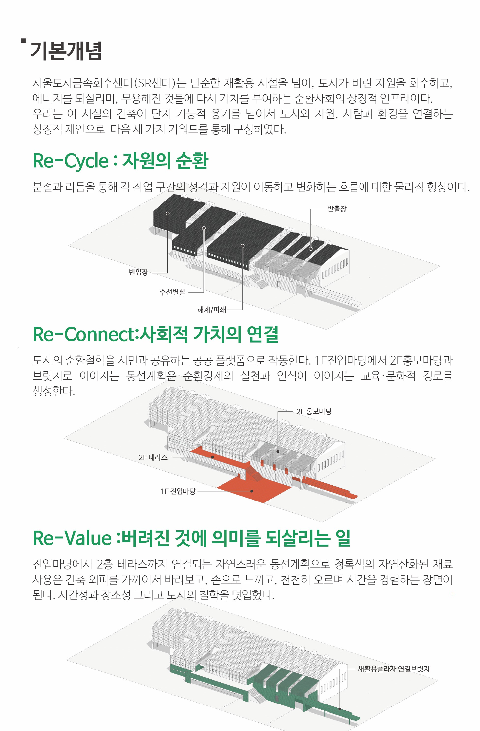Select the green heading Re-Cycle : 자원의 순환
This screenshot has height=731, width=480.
click(x=120, y=161)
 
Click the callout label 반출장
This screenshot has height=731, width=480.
click(x=336, y=209)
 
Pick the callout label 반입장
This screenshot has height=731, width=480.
click(x=138, y=272)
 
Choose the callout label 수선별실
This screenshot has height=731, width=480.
click(x=172, y=292)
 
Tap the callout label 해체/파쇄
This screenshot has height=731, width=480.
click(x=212, y=310)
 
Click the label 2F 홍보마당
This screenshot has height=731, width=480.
click(x=314, y=411)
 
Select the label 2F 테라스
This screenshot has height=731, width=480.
click(x=153, y=457)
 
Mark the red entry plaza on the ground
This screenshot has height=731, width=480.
click(x=255, y=488)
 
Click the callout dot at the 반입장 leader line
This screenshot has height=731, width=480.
click(x=168, y=213)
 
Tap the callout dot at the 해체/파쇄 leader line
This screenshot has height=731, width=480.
click(x=243, y=246)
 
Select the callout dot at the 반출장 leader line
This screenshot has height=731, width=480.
click(x=310, y=249)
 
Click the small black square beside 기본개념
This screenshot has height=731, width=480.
click(x=23, y=40)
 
